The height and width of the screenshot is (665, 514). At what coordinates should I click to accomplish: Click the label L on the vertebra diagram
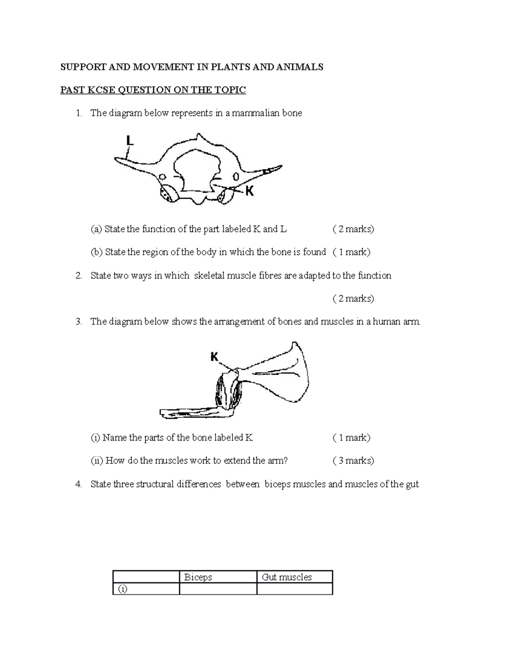click(x=130, y=140)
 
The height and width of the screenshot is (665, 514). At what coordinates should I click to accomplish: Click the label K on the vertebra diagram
click(x=249, y=192)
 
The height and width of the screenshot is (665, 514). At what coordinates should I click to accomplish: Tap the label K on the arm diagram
click(x=215, y=356)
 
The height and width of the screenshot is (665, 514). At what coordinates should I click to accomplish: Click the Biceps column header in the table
click(x=198, y=577)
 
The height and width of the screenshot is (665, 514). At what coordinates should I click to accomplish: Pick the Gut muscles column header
click(x=287, y=577)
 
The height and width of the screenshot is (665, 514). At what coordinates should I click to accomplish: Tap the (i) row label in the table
click(x=123, y=589)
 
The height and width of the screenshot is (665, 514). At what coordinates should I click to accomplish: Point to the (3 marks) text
click(x=353, y=461)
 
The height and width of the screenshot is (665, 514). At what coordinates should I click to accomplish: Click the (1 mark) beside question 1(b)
click(x=351, y=252)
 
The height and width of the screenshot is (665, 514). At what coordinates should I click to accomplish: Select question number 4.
click(x=78, y=484)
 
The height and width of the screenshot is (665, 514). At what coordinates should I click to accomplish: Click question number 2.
click(x=78, y=276)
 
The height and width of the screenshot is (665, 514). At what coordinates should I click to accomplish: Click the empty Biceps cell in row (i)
click(x=218, y=589)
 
